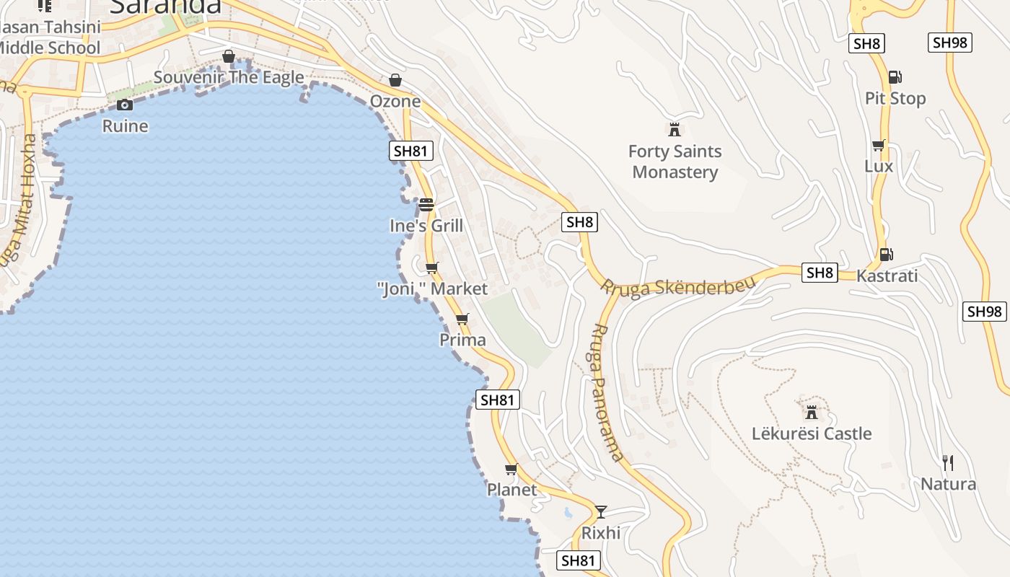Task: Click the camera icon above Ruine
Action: [125, 105]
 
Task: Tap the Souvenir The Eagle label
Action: [229, 77]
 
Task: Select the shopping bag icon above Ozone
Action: [395, 80]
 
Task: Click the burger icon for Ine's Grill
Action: [426, 205]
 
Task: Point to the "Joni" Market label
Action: [432, 289]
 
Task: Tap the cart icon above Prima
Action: [462, 319]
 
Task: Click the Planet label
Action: [511, 490]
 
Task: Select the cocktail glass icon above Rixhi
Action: [600, 512]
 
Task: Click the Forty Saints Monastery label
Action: [675, 162]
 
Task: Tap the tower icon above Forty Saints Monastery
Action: [675, 130]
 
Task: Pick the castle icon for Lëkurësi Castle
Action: [812, 413]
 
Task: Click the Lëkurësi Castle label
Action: [812, 433]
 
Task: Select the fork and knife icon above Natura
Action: [948, 462]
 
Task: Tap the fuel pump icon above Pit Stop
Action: [895, 77]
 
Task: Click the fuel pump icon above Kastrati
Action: [886, 254]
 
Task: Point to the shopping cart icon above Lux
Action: [879, 146]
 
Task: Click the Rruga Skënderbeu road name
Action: [678, 286]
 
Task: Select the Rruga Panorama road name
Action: [606, 392]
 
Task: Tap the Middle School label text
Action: [49, 48]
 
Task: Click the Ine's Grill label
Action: [426, 226]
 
